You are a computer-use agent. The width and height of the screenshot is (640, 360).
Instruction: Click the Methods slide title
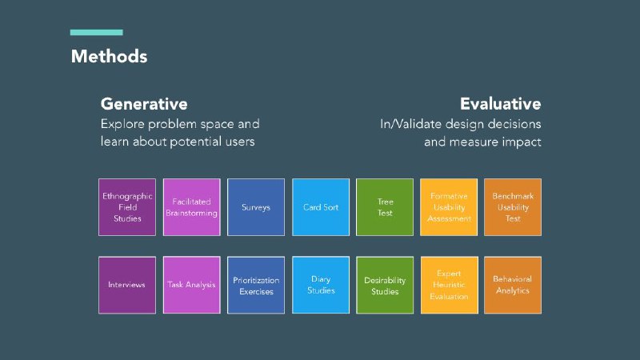(x=109, y=56)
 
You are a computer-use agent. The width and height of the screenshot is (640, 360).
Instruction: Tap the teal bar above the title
(x=96, y=32)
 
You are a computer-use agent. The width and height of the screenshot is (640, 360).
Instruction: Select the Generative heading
(x=144, y=104)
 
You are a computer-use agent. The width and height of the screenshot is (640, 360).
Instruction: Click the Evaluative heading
(x=501, y=104)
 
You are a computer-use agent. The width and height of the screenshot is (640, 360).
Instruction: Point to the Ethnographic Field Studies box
(x=127, y=207)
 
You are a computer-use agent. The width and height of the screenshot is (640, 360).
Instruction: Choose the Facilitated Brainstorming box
(x=191, y=207)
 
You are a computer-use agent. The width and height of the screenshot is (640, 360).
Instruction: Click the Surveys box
(x=256, y=207)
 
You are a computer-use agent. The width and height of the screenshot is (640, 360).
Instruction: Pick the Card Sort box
(x=321, y=207)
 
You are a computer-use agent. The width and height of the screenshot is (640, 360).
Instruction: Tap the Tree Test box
(x=385, y=207)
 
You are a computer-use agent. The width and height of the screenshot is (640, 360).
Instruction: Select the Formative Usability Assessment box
(x=449, y=207)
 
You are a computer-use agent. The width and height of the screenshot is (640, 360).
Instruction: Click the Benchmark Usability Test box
(x=513, y=207)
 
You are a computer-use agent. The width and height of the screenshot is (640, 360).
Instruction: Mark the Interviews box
(x=127, y=285)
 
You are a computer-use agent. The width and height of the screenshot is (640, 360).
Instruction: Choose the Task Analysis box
(x=191, y=285)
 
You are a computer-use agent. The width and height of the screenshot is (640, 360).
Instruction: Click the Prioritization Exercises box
(x=256, y=285)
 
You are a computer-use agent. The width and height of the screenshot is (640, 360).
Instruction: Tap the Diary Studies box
(x=321, y=285)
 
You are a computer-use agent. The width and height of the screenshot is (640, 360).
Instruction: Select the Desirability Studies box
(x=385, y=285)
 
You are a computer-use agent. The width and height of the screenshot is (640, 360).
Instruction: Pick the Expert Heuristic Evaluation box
(x=449, y=285)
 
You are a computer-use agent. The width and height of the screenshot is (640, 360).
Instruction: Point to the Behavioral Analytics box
(x=513, y=285)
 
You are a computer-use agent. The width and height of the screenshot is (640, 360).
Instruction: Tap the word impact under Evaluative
(x=522, y=142)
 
